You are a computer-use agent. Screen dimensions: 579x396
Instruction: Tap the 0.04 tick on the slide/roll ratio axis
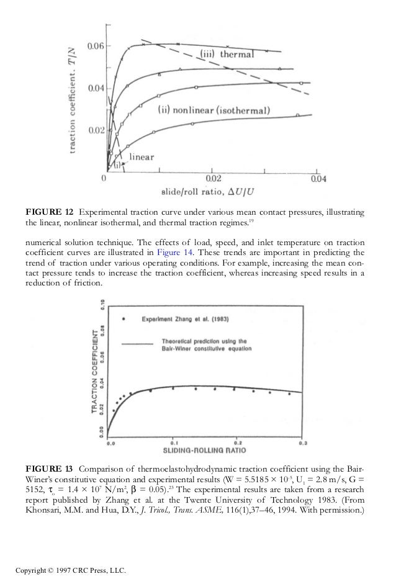coord(318,179)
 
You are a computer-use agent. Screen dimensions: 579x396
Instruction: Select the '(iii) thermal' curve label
coord(227,54)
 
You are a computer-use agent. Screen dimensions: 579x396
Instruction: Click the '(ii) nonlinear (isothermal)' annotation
coord(215,112)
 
